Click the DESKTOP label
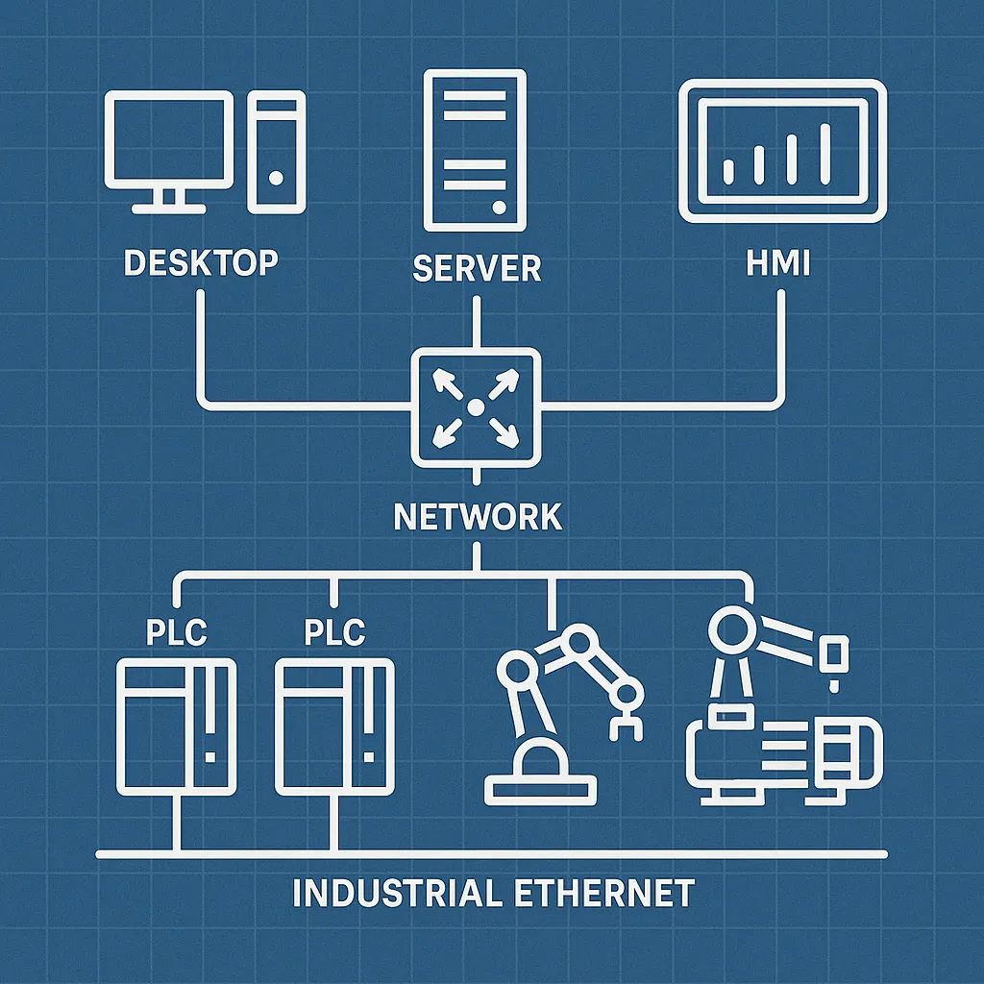click(x=201, y=261)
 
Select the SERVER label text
click(x=477, y=268)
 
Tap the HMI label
click(x=777, y=262)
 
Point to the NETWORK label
click(x=478, y=517)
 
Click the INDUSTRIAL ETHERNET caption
click(x=492, y=894)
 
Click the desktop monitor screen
click(x=169, y=140)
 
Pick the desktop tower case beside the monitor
click(x=277, y=151)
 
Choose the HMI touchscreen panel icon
click(x=782, y=152)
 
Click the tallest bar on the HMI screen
click(x=824, y=153)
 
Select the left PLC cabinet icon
click(x=176, y=726)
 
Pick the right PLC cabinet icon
click(x=333, y=726)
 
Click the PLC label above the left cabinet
click(x=176, y=633)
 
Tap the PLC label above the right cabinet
click(x=334, y=633)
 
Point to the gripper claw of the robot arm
click(x=625, y=721)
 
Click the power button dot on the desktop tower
click(x=277, y=178)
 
